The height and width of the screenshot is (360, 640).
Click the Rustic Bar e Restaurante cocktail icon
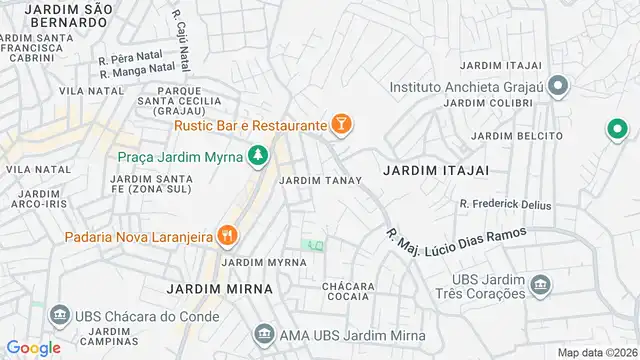(x=342, y=125)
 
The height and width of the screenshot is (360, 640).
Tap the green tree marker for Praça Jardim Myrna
(x=259, y=156)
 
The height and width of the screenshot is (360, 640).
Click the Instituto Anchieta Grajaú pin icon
(x=558, y=85)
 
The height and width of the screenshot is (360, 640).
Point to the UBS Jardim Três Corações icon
(x=541, y=285)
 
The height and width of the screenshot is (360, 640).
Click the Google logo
(x=33, y=348)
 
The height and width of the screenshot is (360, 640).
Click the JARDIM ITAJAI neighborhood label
(x=435, y=171)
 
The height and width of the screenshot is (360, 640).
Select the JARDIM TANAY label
(x=314, y=181)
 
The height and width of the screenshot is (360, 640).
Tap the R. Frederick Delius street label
(x=505, y=204)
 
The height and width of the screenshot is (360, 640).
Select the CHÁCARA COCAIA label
(x=348, y=291)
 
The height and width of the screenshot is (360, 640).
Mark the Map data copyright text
(x=597, y=352)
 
